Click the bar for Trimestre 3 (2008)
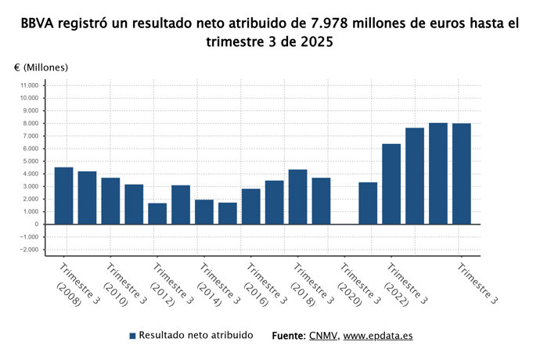pos(64,196)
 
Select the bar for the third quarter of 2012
pos(157,214)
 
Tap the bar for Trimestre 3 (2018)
pos(297,196)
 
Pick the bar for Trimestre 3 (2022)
pos(391,184)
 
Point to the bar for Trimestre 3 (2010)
pos(110,201)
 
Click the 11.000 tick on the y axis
pos(29,85)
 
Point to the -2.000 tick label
pos(29,250)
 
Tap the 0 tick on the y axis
pos(36,225)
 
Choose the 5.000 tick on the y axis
pos(31,161)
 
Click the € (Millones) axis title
pos(41,67)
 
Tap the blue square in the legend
pos(133,336)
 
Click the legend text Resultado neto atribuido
pos(196,335)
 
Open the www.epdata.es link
pos(378,336)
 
